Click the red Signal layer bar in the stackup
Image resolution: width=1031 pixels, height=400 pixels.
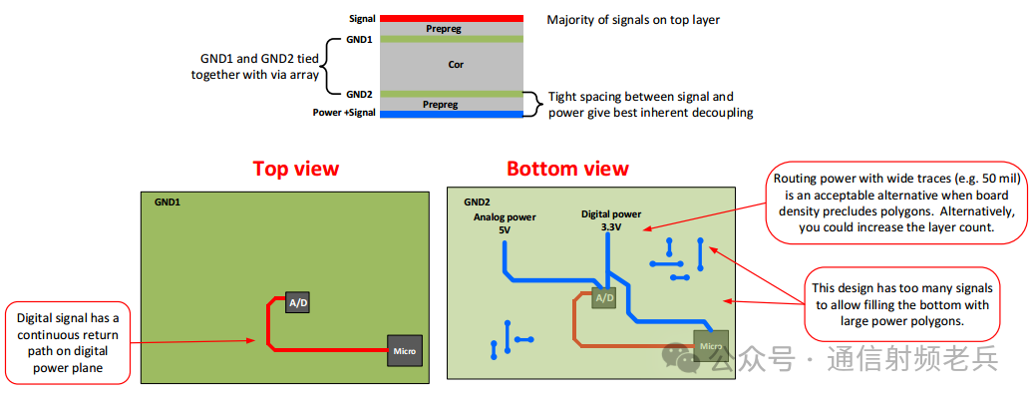tap(450, 18)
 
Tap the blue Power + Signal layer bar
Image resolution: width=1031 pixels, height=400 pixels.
tap(450, 114)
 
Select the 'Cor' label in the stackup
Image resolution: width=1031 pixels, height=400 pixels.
tap(455, 65)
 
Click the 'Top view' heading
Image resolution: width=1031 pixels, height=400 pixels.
tap(295, 169)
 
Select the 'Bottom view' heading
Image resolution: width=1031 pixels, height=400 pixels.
tap(567, 169)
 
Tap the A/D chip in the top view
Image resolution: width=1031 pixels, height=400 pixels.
tap(297, 303)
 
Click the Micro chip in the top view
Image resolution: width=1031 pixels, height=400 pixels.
tap(405, 351)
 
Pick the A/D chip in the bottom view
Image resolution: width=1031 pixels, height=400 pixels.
tap(604, 298)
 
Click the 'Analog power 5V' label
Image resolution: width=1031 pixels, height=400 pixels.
tap(504, 223)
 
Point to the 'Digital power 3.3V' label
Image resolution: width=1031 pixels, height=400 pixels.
tap(610, 220)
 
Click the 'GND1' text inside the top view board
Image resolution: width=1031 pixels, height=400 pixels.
tap(167, 201)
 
